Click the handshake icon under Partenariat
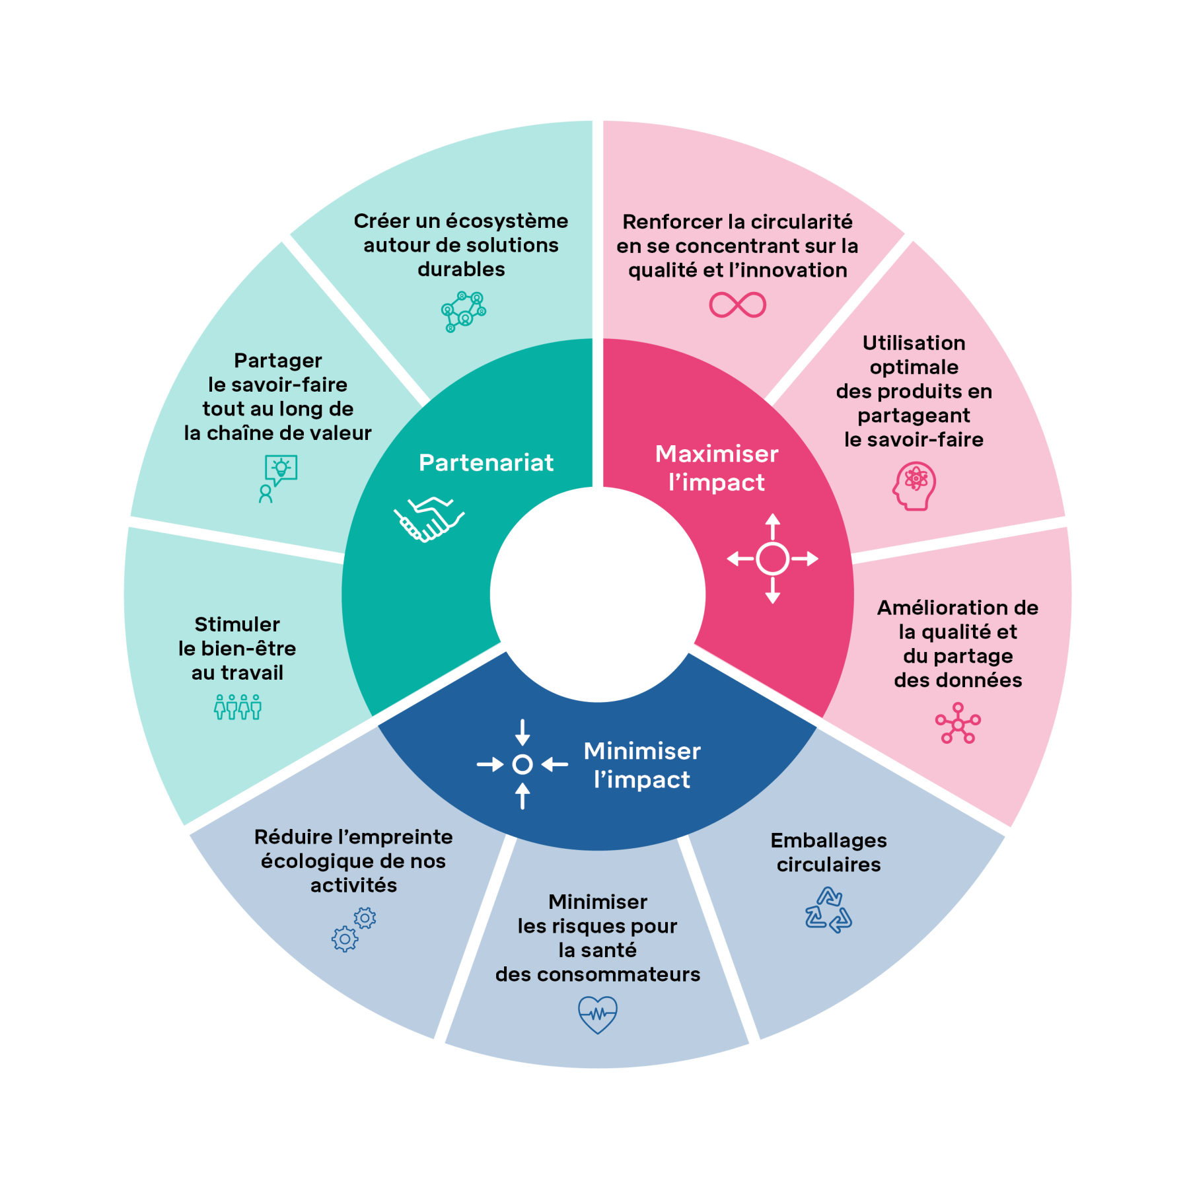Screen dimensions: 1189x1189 coord(429,519)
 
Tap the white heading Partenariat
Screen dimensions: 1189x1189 coord(486,463)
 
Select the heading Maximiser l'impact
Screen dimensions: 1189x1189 coord(717,468)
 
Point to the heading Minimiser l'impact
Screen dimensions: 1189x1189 coord(642,766)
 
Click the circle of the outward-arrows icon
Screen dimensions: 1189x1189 coord(772,559)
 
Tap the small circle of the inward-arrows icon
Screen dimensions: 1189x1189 coord(522,764)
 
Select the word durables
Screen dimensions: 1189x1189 coord(461,270)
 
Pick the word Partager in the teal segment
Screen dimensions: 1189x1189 coord(278,361)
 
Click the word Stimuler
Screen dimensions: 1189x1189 coord(237,624)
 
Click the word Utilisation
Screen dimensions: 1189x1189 coord(914,343)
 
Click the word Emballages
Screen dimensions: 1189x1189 coord(828,840)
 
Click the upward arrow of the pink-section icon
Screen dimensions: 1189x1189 coord(773,526)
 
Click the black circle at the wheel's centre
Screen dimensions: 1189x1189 coord(598,594)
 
